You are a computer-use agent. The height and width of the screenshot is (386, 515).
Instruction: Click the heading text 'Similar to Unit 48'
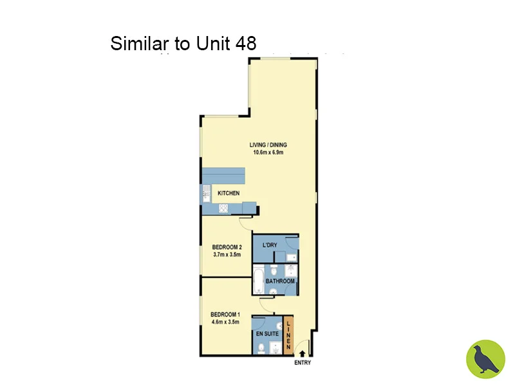point(183,44)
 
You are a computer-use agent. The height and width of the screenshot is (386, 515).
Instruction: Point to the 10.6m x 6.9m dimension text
point(267,152)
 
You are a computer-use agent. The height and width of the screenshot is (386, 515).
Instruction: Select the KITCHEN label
point(229,194)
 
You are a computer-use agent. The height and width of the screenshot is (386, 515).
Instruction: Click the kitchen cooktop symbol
point(224,208)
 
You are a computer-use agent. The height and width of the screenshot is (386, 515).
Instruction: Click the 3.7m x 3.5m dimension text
point(227,255)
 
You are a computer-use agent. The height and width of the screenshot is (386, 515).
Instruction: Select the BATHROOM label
point(280,281)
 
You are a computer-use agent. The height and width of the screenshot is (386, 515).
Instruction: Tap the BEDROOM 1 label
point(225,315)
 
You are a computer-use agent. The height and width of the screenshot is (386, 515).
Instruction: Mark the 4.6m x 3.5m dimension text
point(225,322)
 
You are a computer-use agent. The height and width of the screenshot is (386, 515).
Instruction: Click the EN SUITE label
point(266,335)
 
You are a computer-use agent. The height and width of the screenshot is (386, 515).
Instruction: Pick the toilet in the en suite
point(259,348)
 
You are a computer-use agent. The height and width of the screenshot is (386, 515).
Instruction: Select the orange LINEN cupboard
point(288,335)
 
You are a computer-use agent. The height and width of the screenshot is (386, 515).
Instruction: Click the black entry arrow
point(302,351)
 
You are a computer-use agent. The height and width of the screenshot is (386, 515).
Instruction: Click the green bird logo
point(485,359)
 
